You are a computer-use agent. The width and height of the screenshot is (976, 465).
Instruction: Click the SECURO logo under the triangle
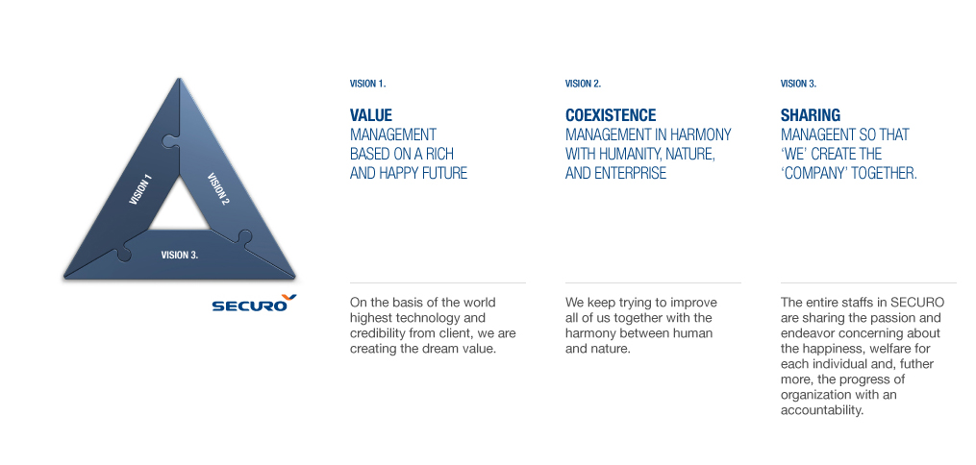coord(254,303)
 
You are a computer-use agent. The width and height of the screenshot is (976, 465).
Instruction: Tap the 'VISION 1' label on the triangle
coord(140,189)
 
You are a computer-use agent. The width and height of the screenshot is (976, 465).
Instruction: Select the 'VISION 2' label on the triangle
coord(218,189)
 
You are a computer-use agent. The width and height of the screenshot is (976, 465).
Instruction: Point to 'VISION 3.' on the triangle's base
coord(179,255)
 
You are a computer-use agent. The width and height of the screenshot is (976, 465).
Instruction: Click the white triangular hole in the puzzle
coord(179,208)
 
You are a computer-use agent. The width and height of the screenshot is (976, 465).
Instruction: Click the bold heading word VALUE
coord(371,115)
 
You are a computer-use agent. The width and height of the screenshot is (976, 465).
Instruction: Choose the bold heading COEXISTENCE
coord(611,115)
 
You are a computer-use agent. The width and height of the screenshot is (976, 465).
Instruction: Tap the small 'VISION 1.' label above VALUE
coord(368,84)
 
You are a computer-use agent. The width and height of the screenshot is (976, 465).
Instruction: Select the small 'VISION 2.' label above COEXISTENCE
coord(584,84)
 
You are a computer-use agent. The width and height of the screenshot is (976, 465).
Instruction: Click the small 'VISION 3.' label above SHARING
coord(799,84)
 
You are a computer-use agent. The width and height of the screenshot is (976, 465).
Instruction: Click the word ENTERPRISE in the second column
coord(630,173)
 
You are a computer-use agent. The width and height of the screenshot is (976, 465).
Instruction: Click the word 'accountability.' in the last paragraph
coord(821,410)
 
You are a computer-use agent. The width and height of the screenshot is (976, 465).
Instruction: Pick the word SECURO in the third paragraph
coord(917,303)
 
